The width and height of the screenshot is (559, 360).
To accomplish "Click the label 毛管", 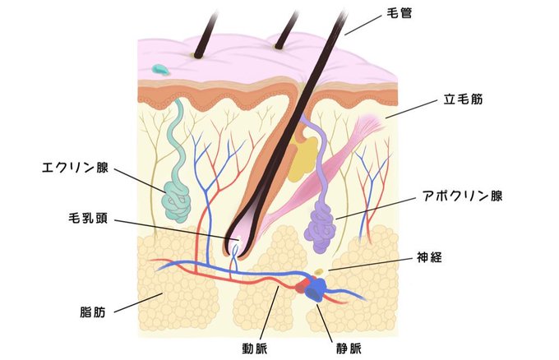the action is (x=407, y=15).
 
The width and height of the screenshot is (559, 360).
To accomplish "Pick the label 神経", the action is (x=430, y=257).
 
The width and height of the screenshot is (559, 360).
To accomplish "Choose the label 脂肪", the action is (x=92, y=313).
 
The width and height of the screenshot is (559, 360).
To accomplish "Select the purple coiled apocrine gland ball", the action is (x=322, y=224).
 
